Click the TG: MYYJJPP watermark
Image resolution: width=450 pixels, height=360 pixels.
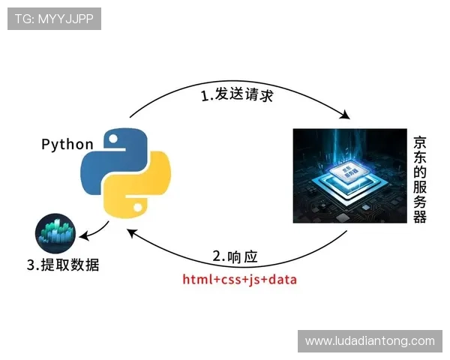[54, 19]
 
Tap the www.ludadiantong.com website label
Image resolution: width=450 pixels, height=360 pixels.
[370, 340]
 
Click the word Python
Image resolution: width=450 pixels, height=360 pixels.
[67, 144]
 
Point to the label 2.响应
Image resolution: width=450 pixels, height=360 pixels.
[235, 256]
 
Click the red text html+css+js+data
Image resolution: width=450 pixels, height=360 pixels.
[240, 280]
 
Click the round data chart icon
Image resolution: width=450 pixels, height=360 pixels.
[55, 232]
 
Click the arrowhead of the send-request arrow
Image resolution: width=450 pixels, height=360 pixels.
[346, 115]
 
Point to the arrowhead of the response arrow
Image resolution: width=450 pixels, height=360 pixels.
[133, 232]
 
